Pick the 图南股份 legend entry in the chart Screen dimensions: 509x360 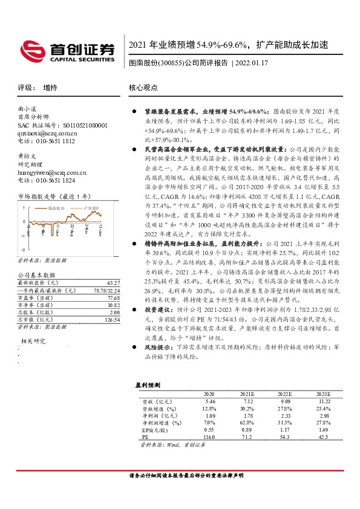[x=55, y=207]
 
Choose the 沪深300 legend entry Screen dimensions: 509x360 [x=91, y=207]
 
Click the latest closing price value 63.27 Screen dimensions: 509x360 [x=113, y=282]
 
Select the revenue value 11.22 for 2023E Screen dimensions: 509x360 [x=324, y=401]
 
